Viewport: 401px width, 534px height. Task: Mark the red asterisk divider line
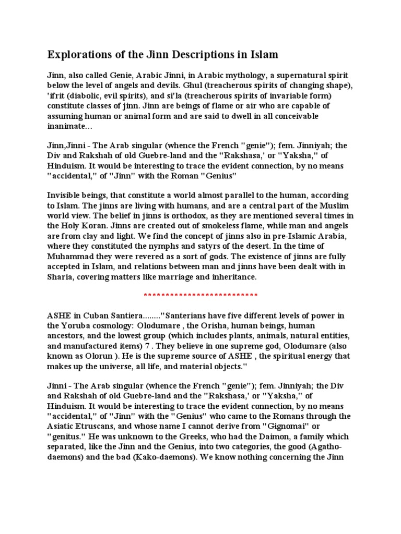click(x=200, y=296)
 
